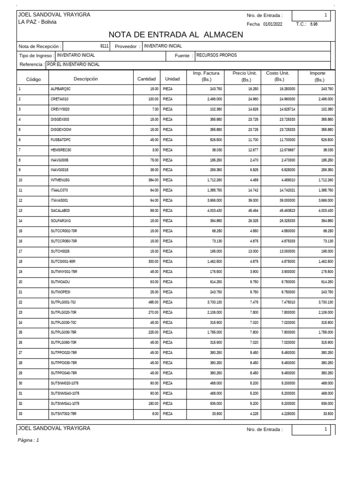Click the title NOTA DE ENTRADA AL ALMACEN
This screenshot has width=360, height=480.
click(176, 35)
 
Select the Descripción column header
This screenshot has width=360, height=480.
click(86, 79)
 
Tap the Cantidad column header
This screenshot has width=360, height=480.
click(146, 79)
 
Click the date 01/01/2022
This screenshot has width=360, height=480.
click(272, 24)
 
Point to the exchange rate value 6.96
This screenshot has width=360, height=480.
click(314, 24)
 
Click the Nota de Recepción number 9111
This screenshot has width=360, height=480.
click(104, 46)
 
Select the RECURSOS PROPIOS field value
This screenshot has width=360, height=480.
click(217, 55)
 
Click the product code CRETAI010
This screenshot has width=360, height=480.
click(60, 99)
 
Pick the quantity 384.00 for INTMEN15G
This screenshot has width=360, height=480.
click(152, 180)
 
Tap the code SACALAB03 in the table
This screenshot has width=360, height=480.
click(60, 210)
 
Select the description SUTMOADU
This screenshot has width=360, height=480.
click(60, 282)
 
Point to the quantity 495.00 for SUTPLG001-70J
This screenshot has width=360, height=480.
click(152, 302)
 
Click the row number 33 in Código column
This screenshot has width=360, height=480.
click(20, 413)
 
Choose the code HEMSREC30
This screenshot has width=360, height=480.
click(60, 150)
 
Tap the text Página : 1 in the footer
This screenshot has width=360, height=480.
click(29, 440)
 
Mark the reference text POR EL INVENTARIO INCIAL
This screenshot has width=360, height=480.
click(74, 65)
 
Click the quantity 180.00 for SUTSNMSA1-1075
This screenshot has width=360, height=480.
click(152, 403)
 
